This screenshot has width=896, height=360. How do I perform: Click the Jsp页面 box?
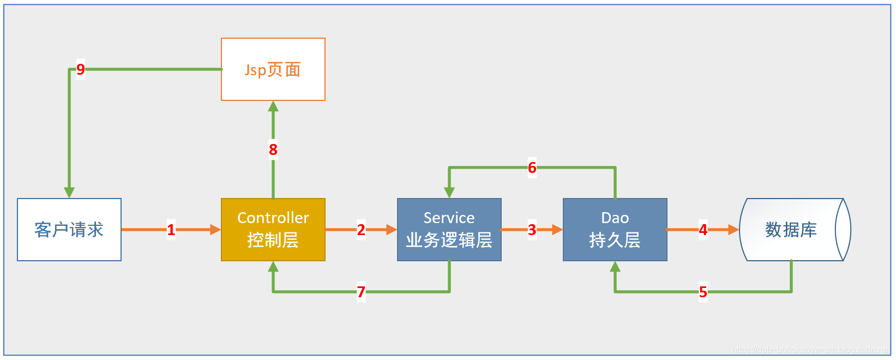273,69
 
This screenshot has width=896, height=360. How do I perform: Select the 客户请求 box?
69,230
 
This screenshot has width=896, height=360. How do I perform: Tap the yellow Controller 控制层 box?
273,230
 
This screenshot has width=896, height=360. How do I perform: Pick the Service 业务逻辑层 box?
449,230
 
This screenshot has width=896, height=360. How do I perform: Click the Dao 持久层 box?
615,230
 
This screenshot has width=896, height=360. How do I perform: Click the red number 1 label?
171,230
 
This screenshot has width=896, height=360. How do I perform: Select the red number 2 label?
361,230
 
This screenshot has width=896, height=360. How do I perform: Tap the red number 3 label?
532,230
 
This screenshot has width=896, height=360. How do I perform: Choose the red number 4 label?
703,230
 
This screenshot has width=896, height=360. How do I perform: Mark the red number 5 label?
703,292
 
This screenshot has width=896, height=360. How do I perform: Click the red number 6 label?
532,167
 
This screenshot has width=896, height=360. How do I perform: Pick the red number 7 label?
361,292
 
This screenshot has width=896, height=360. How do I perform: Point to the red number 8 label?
273,149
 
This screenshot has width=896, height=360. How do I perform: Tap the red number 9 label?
81,69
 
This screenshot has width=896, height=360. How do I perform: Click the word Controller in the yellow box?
273,218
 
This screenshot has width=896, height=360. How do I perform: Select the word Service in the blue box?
449,218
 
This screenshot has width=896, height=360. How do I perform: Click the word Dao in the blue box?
615,218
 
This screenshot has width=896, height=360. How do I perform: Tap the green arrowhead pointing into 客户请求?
69,193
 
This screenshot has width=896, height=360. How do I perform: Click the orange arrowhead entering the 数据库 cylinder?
733,230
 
